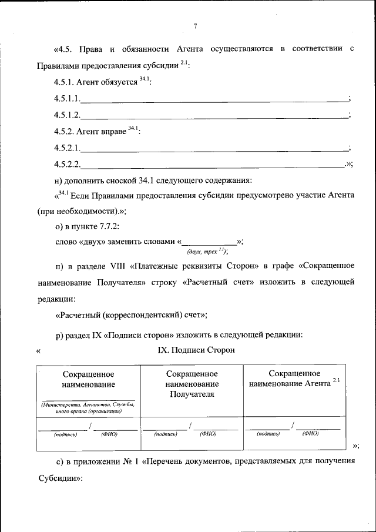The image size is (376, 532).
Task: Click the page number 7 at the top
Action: click(x=196, y=25)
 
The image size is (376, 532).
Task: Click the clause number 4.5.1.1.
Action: click(x=66, y=98)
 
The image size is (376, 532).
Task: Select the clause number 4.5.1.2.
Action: click(x=66, y=115)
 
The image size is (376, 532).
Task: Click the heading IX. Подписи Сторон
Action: click(x=196, y=350)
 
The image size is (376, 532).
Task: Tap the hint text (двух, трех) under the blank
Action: click(x=207, y=251)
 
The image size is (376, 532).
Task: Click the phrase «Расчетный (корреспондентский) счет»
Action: click(x=131, y=315)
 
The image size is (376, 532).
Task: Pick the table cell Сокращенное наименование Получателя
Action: click(x=192, y=384)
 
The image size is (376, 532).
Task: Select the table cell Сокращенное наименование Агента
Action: click(x=294, y=379)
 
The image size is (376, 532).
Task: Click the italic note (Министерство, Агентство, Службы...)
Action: click(x=88, y=408)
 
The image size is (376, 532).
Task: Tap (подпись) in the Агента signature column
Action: click(x=268, y=434)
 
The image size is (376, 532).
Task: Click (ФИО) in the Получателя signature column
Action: click(x=207, y=434)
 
